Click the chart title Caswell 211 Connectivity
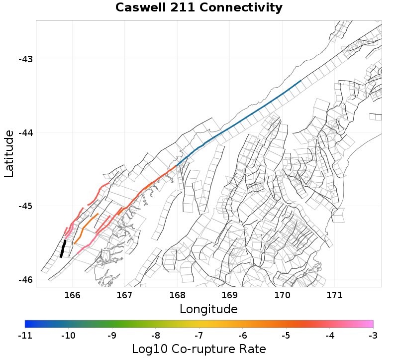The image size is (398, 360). tap(199, 8)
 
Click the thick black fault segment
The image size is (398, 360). tap(63, 248)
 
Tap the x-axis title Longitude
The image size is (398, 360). tap(208, 309)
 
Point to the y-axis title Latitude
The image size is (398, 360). tap(9, 153)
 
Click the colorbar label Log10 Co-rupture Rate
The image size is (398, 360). tap(199, 349)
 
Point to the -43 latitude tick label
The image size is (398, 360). tap(25, 59)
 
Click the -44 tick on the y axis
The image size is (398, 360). tap(25, 132)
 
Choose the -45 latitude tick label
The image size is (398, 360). tap(25, 206)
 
